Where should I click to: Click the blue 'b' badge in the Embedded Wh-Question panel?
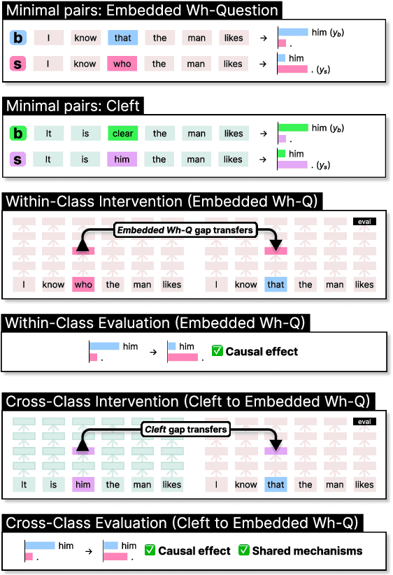19,38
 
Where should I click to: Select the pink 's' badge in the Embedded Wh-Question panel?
19,64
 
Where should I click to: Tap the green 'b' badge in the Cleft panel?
19,134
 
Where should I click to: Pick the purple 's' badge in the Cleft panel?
19,159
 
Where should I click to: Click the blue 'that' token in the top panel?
123,38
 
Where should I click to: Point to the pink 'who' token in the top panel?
122,64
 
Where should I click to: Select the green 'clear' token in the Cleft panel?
123,134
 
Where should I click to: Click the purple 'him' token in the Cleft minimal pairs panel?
122,159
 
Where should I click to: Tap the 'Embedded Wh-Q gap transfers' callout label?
184,229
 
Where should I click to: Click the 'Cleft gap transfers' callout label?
185,429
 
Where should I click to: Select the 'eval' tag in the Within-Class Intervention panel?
364,222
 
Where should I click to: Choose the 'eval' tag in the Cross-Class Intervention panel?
364,422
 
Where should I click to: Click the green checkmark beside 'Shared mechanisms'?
244,551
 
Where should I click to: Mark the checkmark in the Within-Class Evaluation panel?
217,351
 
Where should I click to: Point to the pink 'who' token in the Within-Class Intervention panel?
83,285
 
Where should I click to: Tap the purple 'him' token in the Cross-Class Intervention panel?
83,484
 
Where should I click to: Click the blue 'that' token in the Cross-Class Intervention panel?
276,484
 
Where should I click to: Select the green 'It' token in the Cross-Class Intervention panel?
24,484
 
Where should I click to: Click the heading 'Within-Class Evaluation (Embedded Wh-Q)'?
157,323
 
